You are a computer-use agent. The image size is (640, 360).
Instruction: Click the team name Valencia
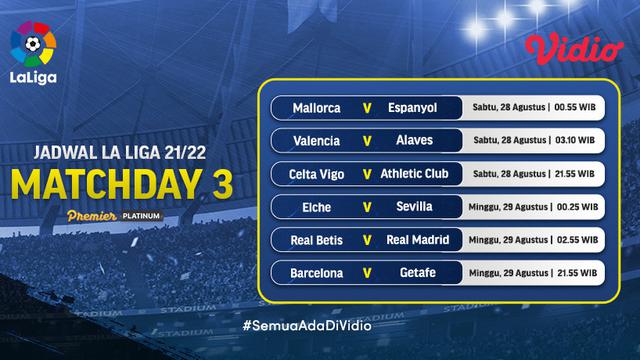coord(316,140)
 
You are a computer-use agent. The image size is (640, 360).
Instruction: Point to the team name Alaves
coord(412,140)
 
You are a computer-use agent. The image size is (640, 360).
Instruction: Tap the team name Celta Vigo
coord(316,173)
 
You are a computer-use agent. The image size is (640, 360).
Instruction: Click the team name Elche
coord(316,207)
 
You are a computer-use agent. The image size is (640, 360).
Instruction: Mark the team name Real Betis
coord(316,240)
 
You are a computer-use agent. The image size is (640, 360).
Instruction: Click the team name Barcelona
coord(316,273)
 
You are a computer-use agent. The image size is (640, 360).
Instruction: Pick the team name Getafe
coord(412,273)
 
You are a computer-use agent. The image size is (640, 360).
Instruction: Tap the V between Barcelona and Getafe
coord(365,273)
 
